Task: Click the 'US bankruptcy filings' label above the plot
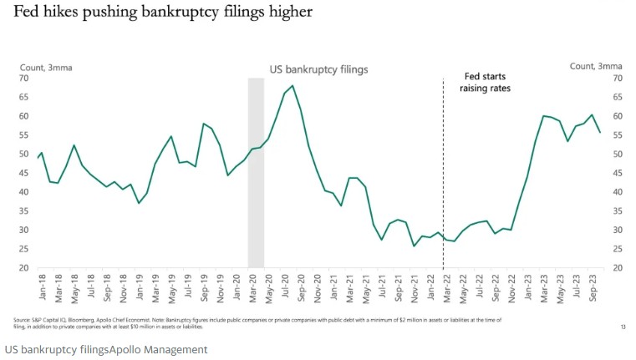coord(318,69)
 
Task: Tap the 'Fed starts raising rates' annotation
coord(485,81)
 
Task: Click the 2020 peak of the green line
coord(291,86)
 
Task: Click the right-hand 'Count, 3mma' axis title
coord(597,66)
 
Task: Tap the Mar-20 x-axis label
coord(252,289)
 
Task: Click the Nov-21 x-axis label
coord(415,289)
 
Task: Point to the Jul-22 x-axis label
coord(479,289)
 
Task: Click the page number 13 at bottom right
coord(623,327)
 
